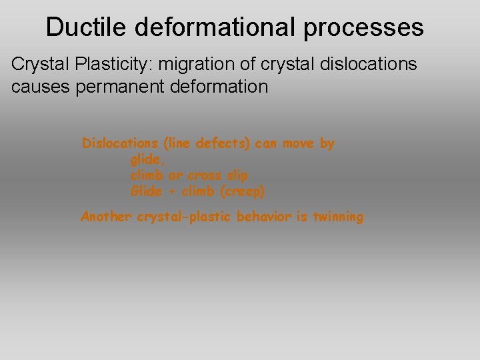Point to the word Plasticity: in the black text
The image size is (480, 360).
coord(109,65)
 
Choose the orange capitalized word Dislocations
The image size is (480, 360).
coord(120,143)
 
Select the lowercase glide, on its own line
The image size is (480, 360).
coord(147,160)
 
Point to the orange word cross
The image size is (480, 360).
coord(205,176)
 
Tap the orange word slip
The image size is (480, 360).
coord(237,176)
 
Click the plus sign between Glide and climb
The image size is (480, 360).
coord(171,192)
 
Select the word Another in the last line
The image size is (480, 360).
coord(107,217)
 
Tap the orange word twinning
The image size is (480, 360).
coord(337,217)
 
